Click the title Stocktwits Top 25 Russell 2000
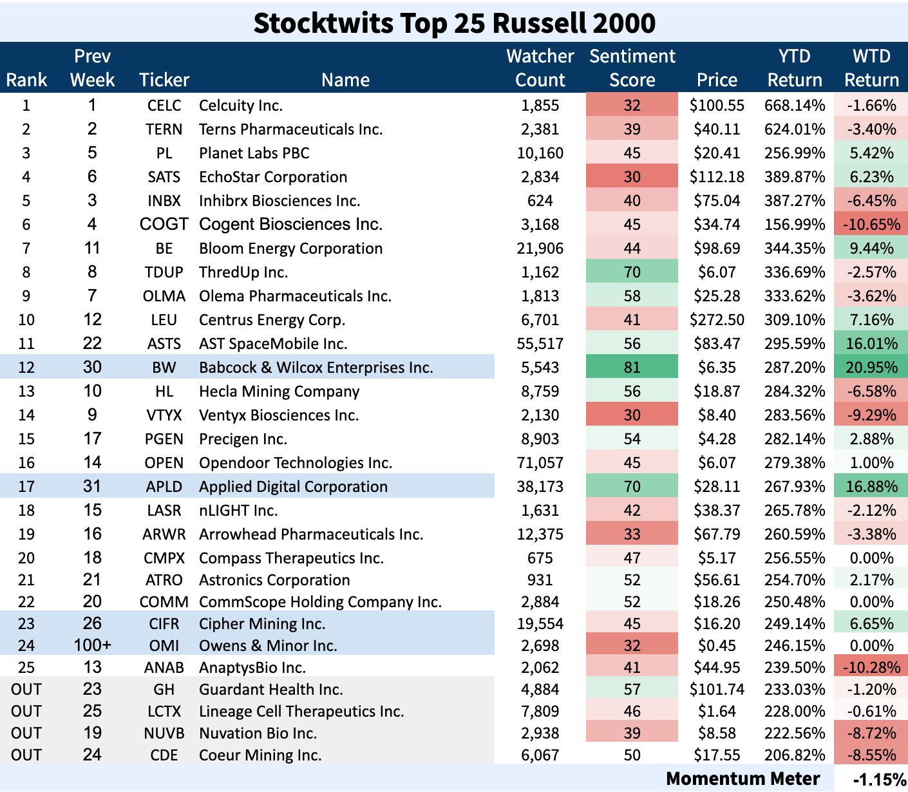(454, 23)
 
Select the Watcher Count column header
(540, 68)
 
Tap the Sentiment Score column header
(632, 68)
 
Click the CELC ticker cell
(164, 106)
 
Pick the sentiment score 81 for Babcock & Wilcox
(632, 368)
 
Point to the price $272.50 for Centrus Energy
(717, 320)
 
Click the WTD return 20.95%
(871, 368)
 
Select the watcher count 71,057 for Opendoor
(540, 463)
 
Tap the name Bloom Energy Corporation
(290, 249)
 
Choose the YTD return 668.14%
(795, 106)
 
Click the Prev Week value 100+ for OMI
(92, 645)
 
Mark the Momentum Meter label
(743, 779)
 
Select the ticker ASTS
(164, 344)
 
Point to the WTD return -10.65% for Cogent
(871, 225)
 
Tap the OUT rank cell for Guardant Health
(26, 690)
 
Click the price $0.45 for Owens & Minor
(717, 646)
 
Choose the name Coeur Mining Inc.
(260, 755)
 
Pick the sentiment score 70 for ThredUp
(632, 272)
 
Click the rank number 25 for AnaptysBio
(26, 668)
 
